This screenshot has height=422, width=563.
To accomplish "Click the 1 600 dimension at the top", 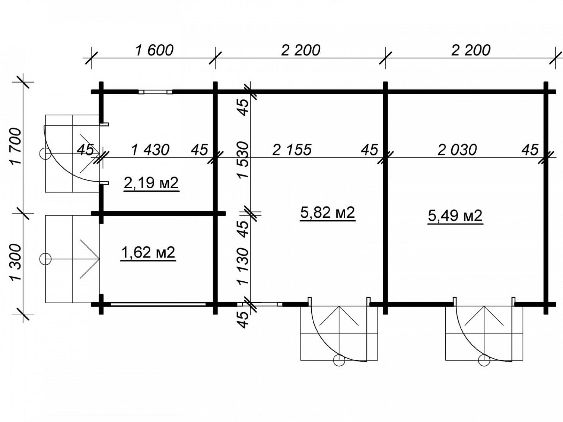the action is point(154,51).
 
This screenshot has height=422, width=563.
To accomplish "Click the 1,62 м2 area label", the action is point(148,253).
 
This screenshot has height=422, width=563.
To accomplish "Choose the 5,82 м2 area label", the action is point(328,212).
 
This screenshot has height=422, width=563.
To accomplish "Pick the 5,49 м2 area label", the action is point(455,216).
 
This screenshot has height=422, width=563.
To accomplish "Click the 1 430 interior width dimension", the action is point(150,150).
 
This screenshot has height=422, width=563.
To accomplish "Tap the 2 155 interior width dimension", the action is point(292,150).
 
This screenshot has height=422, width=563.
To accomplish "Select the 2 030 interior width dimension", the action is point(457,150).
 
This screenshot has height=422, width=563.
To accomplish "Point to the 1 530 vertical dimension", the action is point(243,161).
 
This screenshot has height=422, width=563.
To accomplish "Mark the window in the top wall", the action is point(155,92).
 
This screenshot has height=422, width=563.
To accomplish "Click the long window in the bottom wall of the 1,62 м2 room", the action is point(158,304).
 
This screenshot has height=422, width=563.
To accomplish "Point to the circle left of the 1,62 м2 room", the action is point(45,259).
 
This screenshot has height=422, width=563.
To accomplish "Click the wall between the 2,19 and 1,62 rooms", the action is point(159,214).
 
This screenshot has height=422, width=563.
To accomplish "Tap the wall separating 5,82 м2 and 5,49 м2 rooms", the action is point(385,198).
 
